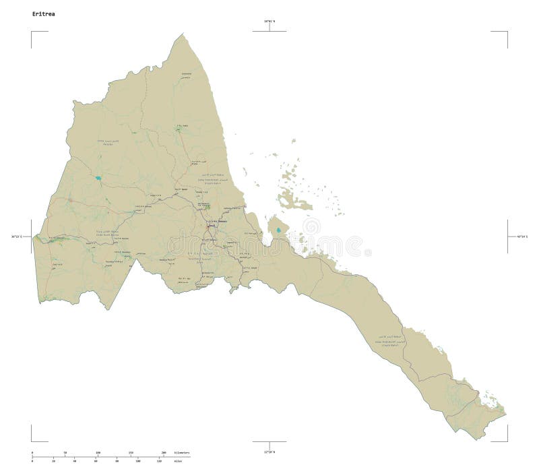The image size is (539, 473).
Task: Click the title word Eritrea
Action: click(x=41, y=13)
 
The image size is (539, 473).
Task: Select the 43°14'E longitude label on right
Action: click(x=523, y=236)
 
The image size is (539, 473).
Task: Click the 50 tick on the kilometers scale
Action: click(x=65, y=452)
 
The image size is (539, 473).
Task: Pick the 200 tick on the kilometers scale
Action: click(x=164, y=452)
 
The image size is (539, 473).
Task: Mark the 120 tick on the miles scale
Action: click(x=159, y=462)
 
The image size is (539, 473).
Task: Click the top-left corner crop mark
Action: click(x=32, y=32)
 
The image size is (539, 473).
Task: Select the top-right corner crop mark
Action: click(x=506, y=32)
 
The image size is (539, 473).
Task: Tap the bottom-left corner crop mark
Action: click(x=32, y=441)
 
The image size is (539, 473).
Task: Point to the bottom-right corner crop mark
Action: click(x=506, y=441)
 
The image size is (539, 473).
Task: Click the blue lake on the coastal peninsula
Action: click(x=278, y=230)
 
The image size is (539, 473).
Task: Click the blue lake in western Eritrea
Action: click(x=98, y=179)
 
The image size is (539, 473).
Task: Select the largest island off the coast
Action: click(x=294, y=200)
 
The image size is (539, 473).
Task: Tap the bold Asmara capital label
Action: click(x=219, y=222)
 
